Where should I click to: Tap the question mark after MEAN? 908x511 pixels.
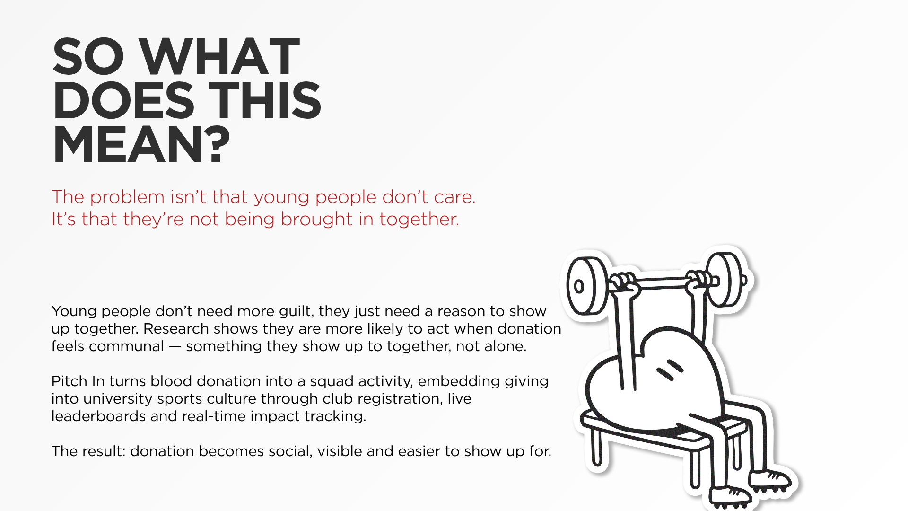[218, 145]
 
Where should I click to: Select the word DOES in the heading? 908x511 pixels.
[123, 101]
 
